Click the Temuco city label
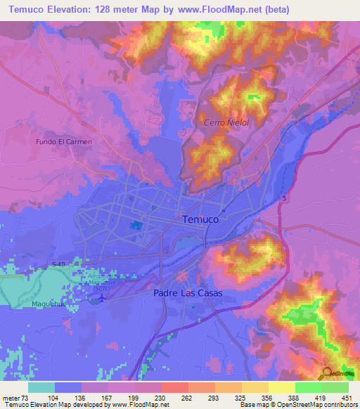pos(200,219)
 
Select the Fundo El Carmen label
pos(65,141)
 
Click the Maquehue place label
pos(30,304)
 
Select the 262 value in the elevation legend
pos(188,398)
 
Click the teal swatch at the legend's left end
pos(41,387)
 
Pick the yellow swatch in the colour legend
pos(281,387)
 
